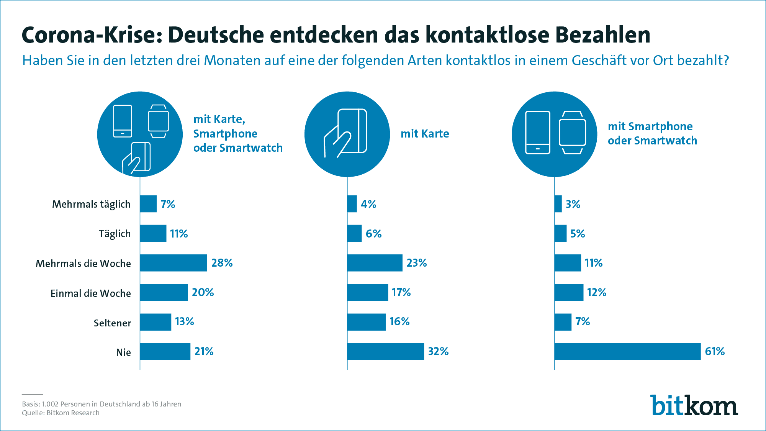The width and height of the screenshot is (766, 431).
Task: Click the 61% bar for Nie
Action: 627,352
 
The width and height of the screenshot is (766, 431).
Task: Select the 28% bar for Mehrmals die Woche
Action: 173,263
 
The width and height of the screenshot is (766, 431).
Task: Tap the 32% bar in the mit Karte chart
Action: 385,352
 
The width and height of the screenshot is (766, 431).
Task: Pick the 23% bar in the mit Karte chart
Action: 375,263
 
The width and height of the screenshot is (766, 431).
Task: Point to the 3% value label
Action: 573,204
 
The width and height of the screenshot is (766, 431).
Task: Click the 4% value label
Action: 368,204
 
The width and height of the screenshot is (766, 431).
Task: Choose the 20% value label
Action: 203,293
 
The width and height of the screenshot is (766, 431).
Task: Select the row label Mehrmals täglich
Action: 91,204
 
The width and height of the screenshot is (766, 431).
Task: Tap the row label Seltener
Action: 112,323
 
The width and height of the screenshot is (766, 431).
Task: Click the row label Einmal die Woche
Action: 91,293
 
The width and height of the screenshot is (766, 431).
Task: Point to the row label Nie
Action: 123,352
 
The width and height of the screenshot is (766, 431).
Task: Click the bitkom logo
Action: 694,405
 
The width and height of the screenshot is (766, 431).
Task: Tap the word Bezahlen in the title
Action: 602,35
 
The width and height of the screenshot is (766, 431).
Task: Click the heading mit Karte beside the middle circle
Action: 425,134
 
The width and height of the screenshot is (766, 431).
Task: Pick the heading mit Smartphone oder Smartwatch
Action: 652,133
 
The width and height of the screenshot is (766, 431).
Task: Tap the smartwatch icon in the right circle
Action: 572,133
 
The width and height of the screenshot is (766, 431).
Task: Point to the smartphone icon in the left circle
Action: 123,121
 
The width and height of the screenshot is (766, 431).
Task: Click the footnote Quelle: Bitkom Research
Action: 61,413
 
